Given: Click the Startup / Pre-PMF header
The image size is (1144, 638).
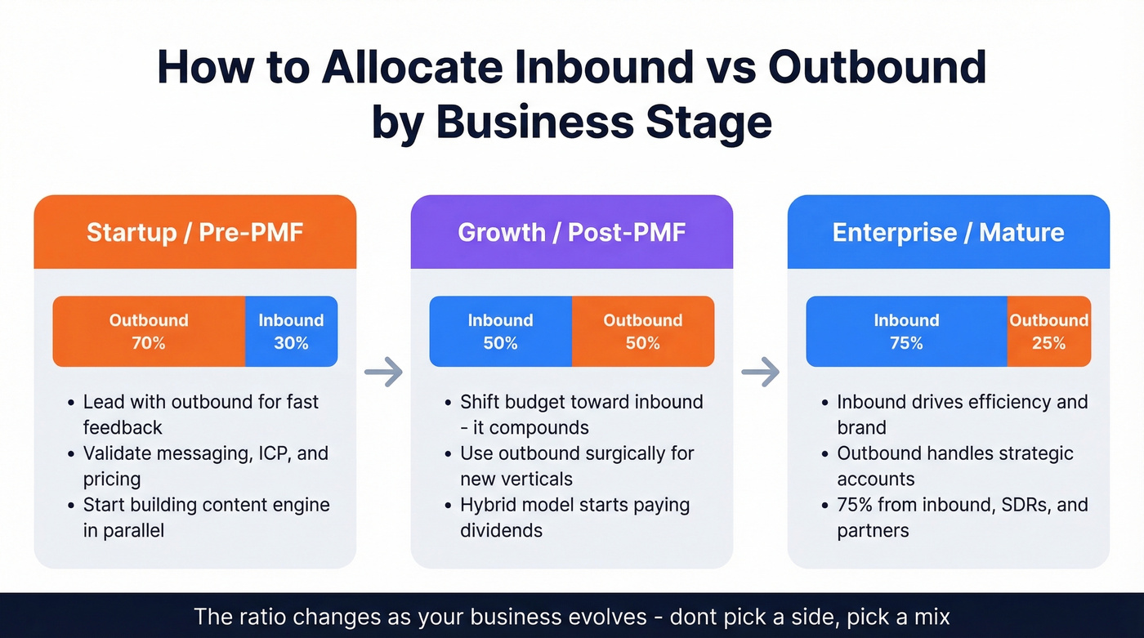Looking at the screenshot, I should tap(194, 232).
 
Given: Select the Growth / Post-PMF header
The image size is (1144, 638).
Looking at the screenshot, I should tap(571, 232).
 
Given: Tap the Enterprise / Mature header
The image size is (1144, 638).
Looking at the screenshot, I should tap(948, 232).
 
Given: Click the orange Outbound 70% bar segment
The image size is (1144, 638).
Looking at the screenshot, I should tap(149, 331).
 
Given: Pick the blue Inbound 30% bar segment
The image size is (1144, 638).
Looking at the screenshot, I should tap(291, 331).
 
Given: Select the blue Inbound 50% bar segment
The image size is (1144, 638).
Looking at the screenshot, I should tap(500, 331).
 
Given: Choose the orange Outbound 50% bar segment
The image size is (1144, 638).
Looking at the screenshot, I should tap(642, 331).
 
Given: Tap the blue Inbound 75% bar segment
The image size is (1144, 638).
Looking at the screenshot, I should tap(906, 331).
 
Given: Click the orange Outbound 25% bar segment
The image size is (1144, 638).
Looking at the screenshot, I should tap(1048, 331).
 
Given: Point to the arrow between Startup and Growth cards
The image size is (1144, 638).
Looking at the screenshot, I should tap(383, 373).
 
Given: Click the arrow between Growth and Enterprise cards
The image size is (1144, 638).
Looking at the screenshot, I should tap(760, 373).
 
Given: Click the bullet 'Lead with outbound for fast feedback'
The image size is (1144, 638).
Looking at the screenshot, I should tap(200, 414).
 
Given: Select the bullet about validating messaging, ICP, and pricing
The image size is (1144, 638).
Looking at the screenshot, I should tap(204, 466).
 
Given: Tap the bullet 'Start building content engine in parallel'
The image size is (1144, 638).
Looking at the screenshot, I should tap(206, 517).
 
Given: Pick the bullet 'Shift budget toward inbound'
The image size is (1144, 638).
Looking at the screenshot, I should tap(580, 414).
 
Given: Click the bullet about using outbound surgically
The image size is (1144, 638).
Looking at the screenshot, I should tap(576, 466).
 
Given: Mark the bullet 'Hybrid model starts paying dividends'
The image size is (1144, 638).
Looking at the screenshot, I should tap(574, 517).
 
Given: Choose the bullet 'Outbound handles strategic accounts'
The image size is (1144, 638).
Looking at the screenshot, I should tap(954, 466).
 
